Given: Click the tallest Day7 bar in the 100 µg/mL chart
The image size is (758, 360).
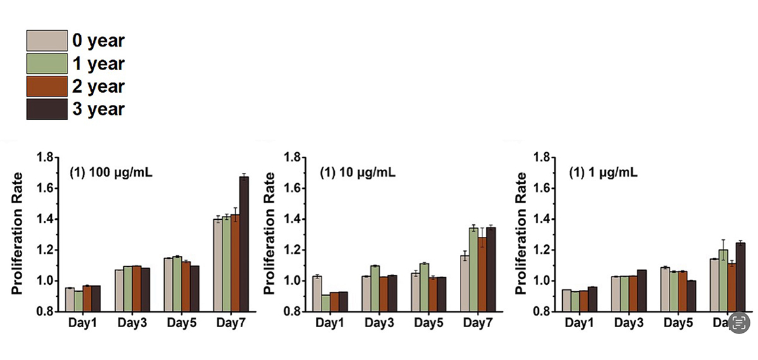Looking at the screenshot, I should (244, 244).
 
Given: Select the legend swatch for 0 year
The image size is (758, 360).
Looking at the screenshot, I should (47, 40).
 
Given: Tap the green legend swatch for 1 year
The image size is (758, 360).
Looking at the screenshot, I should (47, 63).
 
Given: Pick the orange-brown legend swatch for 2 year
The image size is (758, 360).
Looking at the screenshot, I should (47, 86).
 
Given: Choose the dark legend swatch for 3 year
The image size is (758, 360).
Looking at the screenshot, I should (47, 109).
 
